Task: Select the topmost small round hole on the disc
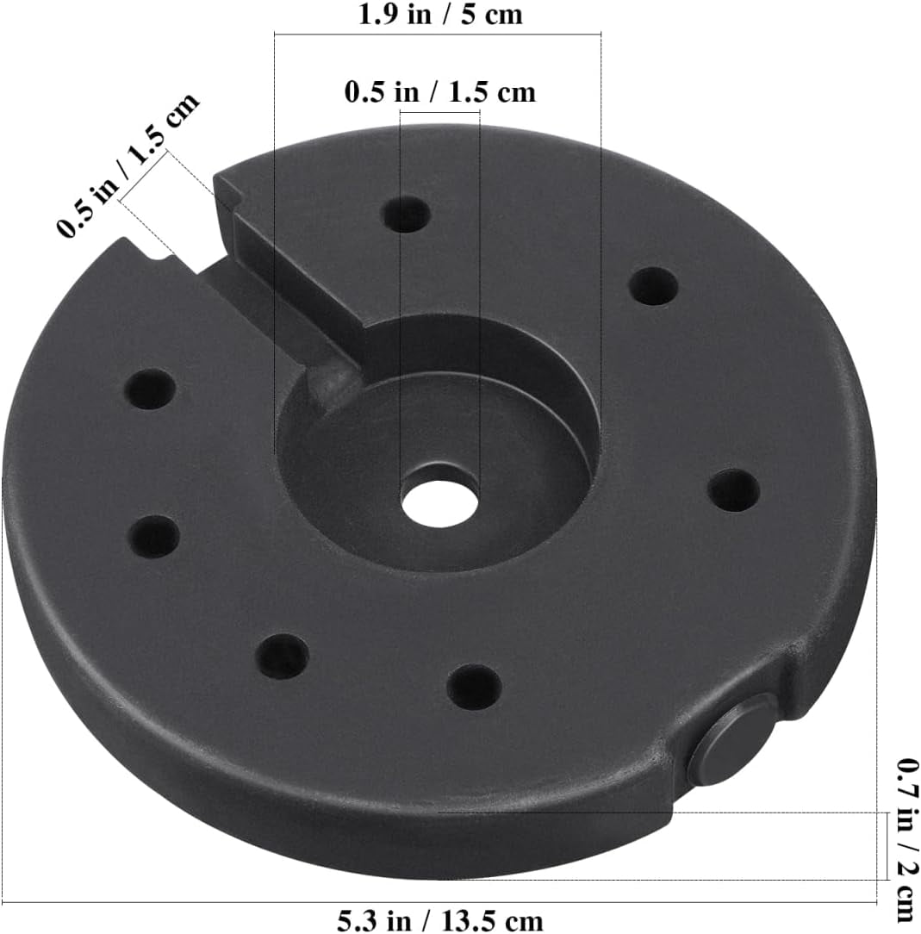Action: click(406, 215)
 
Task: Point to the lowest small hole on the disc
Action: click(474, 687)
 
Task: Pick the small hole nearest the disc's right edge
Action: click(734, 490)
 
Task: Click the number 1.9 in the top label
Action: click(378, 15)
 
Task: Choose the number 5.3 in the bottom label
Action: click(356, 921)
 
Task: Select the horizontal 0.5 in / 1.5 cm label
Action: click(439, 91)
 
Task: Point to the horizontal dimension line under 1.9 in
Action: click(437, 34)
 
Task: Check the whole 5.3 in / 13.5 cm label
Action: click(439, 921)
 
